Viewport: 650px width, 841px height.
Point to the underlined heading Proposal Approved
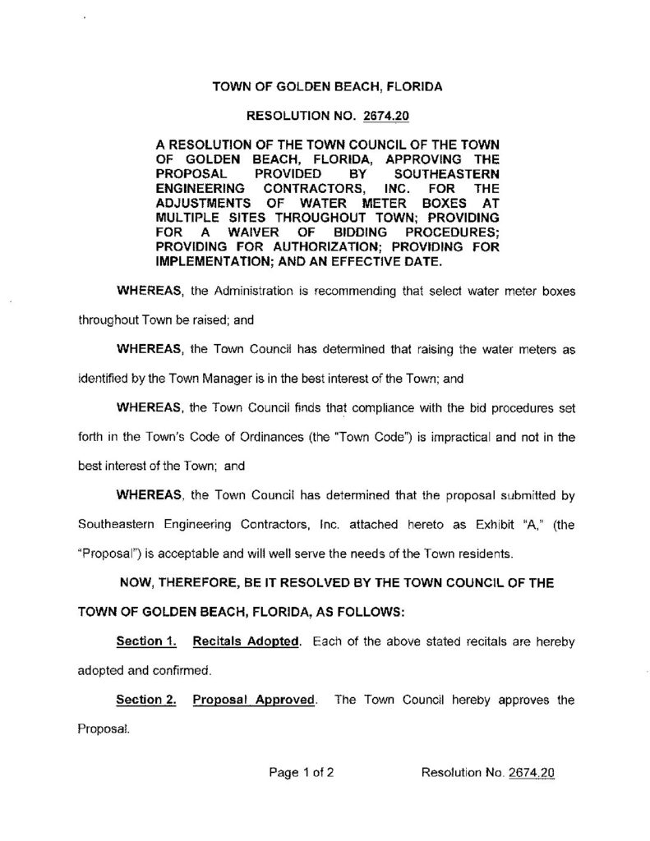(x=254, y=700)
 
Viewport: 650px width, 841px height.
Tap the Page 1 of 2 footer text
(x=300, y=772)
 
